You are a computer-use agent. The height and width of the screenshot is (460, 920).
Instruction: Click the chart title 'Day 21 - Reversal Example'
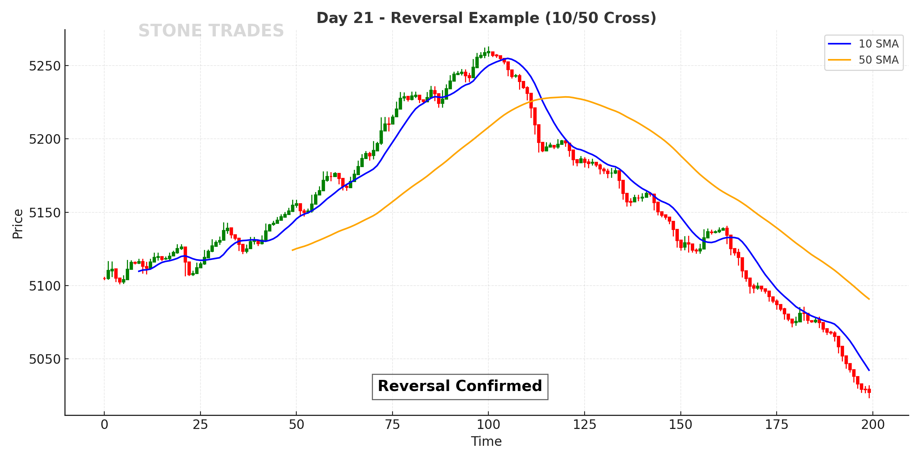[x=486, y=18]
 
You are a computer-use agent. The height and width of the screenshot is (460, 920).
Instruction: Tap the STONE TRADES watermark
[x=211, y=31]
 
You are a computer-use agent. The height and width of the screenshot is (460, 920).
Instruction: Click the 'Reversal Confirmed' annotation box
[x=460, y=386]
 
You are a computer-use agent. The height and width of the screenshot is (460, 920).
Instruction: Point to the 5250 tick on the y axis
[x=45, y=66]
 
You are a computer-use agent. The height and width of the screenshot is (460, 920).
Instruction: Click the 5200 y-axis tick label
[x=45, y=140]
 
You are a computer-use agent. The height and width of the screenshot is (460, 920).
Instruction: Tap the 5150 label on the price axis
[x=45, y=213]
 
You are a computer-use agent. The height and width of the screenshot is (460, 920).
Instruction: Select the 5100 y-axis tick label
[x=45, y=286]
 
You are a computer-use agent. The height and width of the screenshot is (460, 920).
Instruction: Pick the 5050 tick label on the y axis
[x=45, y=360]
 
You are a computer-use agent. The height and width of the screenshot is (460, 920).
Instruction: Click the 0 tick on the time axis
[x=104, y=425]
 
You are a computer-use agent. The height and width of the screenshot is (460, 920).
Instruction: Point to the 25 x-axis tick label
[x=200, y=425]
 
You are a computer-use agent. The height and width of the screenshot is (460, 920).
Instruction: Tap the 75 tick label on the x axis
[x=393, y=425]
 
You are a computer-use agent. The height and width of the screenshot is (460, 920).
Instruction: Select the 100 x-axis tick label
[x=488, y=425]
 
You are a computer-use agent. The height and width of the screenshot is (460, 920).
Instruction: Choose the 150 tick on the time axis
[x=680, y=425]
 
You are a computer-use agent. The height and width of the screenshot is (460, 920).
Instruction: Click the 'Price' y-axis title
[x=18, y=224]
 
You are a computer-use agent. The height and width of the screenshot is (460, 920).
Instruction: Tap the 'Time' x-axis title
[x=486, y=442]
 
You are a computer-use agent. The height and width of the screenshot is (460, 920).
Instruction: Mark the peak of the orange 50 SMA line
[x=566, y=97]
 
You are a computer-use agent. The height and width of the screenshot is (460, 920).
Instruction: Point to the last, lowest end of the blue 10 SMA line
[x=869, y=370]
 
